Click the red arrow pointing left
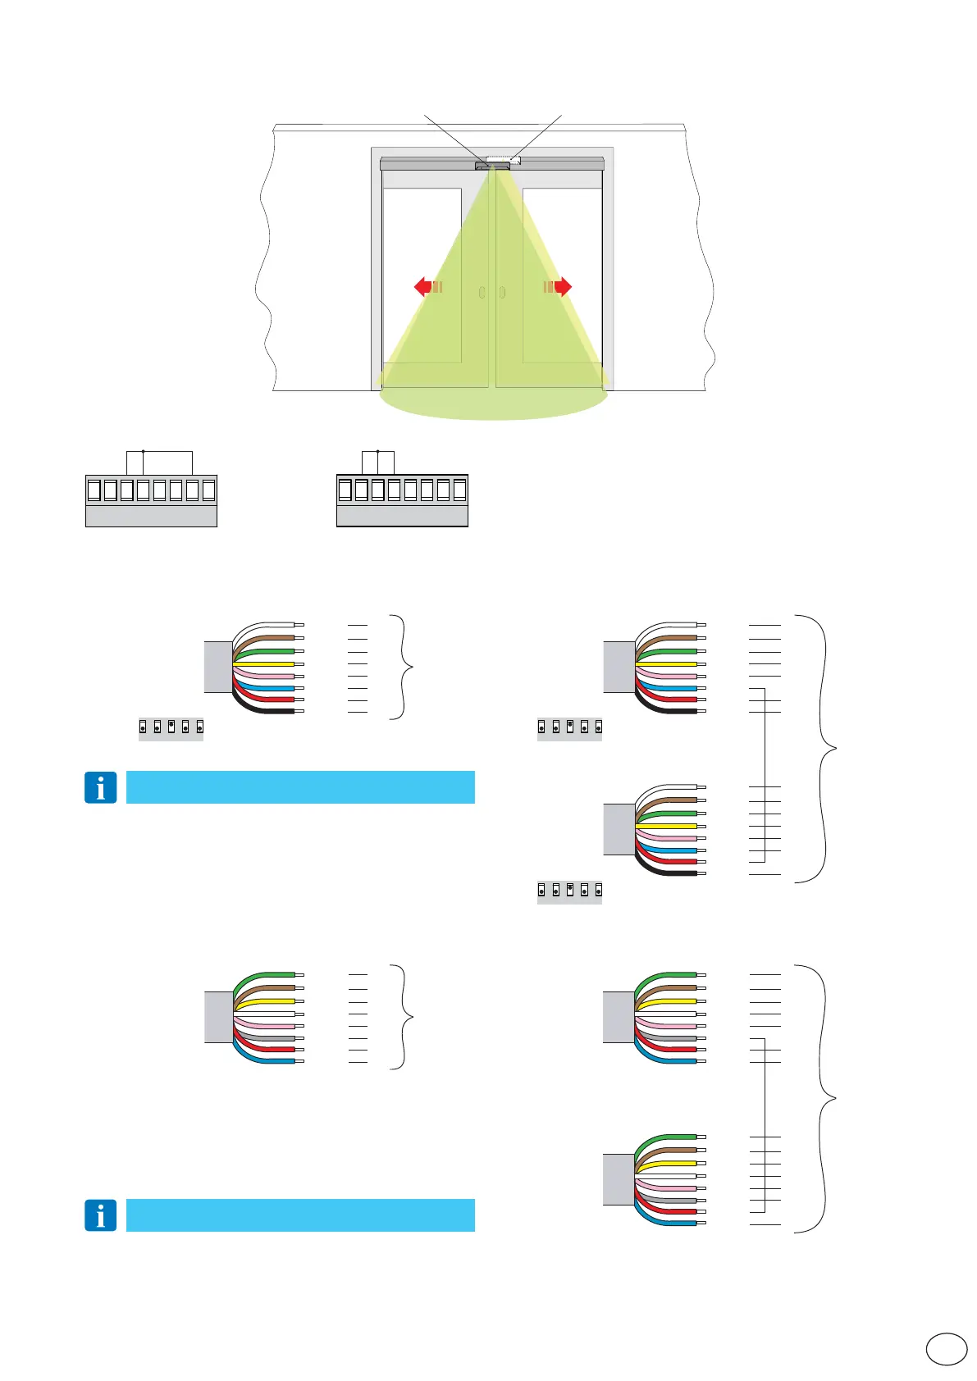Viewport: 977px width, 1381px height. (x=423, y=286)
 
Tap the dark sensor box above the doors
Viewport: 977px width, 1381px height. (x=491, y=166)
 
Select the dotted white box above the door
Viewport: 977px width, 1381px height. (x=503, y=159)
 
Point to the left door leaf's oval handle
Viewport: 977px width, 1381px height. (x=482, y=292)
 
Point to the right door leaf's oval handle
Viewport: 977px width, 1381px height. (x=502, y=292)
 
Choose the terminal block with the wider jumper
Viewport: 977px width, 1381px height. (x=151, y=499)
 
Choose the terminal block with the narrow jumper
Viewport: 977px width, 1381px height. (x=402, y=499)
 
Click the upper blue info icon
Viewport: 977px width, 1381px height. (x=100, y=787)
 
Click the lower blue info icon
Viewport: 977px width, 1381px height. (x=100, y=1215)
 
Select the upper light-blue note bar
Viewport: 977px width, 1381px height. (x=300, y=787)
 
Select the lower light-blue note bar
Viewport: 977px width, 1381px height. (x=300, y=1215)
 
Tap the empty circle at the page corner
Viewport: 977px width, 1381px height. (x=946, y=1348)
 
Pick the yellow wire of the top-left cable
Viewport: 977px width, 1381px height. (x=267, y=663)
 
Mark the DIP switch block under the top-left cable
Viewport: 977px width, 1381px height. (x=171, y=727)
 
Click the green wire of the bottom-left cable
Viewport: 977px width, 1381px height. (x=267, y=975)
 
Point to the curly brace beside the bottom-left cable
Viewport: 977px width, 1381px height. (x=402, y=1017)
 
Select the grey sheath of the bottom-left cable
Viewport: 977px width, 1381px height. (x=218, y=1017)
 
